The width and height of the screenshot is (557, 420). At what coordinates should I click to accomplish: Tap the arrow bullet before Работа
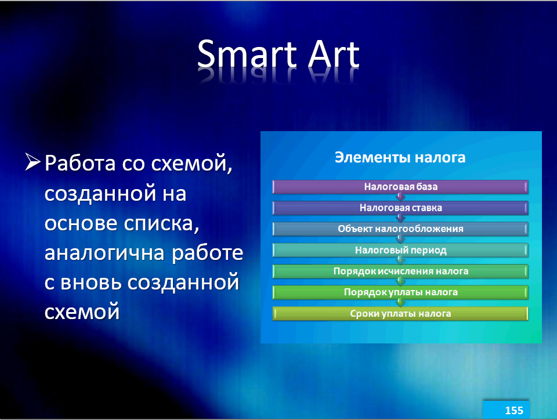pyautogui.click(x=32, y=162)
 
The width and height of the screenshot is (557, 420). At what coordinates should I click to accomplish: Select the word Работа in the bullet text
pyautogui.click(x=80, y=164)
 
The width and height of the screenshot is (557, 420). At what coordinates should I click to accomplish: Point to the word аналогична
pyautogui.click(x=104, y=254)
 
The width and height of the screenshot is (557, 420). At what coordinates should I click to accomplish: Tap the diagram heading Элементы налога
pyautogui.click(x=400, y=157)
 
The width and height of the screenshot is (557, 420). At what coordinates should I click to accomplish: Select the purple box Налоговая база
pyautogui.click(x=400, y=187)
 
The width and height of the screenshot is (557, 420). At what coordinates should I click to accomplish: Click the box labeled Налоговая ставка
pyautogui.click(x=400, y=208)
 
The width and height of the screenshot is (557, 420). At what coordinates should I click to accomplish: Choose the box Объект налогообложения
pyautogui.click(x=400, y=229)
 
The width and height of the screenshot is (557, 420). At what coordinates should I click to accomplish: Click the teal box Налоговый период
pyautogui.click(x=400, y=250)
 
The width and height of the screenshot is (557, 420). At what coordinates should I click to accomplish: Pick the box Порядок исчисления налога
pyautogui.click(x=400, y=271)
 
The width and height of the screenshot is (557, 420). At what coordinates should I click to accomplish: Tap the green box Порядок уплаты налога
pyautogui.click(x=400, y=292)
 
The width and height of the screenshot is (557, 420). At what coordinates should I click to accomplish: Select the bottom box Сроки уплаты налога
pyautogui.click(x=400, y=314)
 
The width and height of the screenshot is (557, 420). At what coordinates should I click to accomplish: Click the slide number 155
pyautogui.click(x=514, y=410)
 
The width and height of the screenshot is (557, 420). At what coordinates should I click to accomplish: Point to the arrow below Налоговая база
pyautogui.click(x=400, y=197)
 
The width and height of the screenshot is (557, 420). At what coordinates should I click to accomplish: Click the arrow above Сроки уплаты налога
pyautogui.click(x=400, y=303)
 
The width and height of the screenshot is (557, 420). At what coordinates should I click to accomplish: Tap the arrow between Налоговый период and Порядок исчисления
pyautogui.click(x=400, y=260)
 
